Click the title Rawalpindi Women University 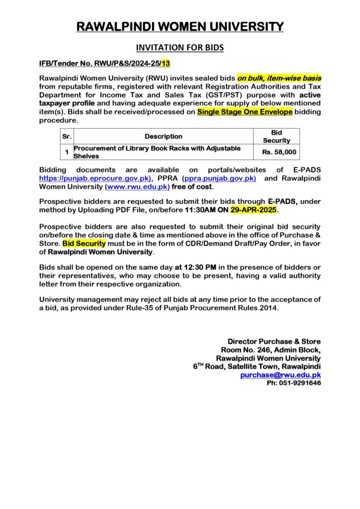pyautogui.click(x=180, y=27)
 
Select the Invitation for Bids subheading pyautogui.click(x=180, y=48)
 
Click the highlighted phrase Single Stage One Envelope pyautogui.click(x=245, y=112)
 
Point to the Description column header pyautogui.click(x=164, y=136)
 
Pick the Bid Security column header pyautogui.click(x=276, y=136)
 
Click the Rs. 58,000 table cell pyautogui.click(x=279, y=152)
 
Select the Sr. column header pyautogui.click(x=67, y=136)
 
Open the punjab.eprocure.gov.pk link pyautogui.click(x=95, y=177)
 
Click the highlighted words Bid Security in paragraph pyautogui.click(x=84, y=244)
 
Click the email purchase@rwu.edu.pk pyautogui.click(x=280, y=375)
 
